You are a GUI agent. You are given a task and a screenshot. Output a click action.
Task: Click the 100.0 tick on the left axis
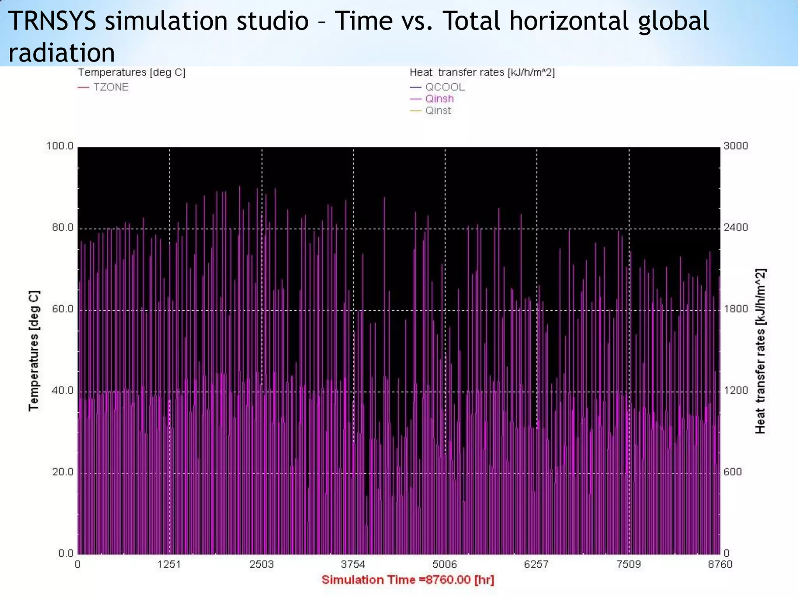(x=60, y=146)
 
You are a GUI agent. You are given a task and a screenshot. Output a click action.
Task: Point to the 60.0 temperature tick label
(x=63, y=309)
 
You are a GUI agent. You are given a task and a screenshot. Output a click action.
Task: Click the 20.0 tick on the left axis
(x=63, y=472)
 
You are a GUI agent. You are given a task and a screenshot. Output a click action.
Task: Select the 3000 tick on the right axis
(x=736, y=146)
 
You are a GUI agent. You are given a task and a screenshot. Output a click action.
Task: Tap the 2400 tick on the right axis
(x=736, y=227)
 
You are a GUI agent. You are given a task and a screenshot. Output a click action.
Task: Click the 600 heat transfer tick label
(x=733, y=472)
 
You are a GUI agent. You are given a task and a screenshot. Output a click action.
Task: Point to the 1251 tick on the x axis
(x=169, y=565)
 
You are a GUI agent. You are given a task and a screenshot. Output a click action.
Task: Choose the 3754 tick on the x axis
(x=353, y=565)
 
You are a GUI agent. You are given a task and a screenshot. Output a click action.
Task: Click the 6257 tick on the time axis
(x=536, y=565)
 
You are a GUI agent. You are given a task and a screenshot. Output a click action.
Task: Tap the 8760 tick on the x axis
(x=720, y=565)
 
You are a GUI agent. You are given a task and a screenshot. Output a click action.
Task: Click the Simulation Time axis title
(x=408, y=580)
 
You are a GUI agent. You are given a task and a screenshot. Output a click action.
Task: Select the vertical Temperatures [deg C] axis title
(x=34, y=350)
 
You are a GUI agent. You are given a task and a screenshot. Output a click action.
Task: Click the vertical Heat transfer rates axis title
(x=760, y=350)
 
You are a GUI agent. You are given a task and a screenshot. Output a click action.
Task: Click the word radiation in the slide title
(x=62, y=53)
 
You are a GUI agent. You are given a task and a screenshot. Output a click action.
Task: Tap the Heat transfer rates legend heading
(x=482, y=72)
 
